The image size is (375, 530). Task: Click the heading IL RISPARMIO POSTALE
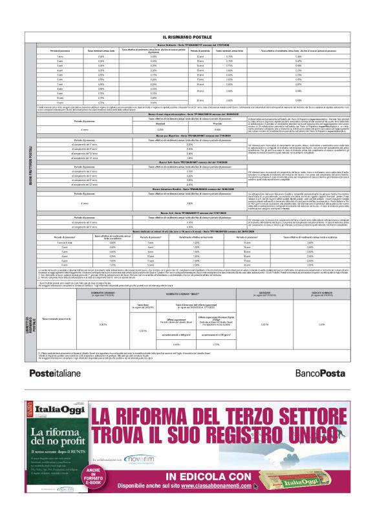[x=187, y=37]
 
